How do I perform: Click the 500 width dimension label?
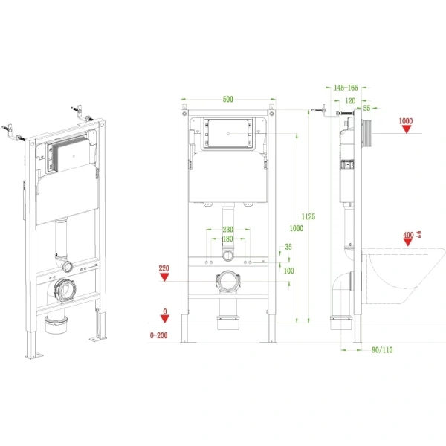pyautogui.click(x=229, y=98)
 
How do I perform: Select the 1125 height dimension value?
pyautogui.click(x=308, y=216)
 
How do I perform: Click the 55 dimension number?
pyautogui.click(x=366, y=109)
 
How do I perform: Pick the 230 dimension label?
pyautogui.click(x=227, y=230)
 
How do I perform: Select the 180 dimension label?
pyautogui.click(x=227, y=239)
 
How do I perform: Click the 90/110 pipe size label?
pyautogui.click(x=382, y=350)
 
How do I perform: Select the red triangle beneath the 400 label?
pyautogui.click(x=407, y=245)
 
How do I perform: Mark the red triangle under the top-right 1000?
pyautogui.click(x=406, y=129)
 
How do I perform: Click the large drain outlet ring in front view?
pyautogui.click(x=227, y=283)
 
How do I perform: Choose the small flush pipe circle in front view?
pyautogui.click(x=227, y=257)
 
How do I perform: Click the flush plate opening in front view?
pyautogui.click(x=229, y=135)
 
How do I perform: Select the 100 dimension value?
pyautogui.click(x=289, y=271)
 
